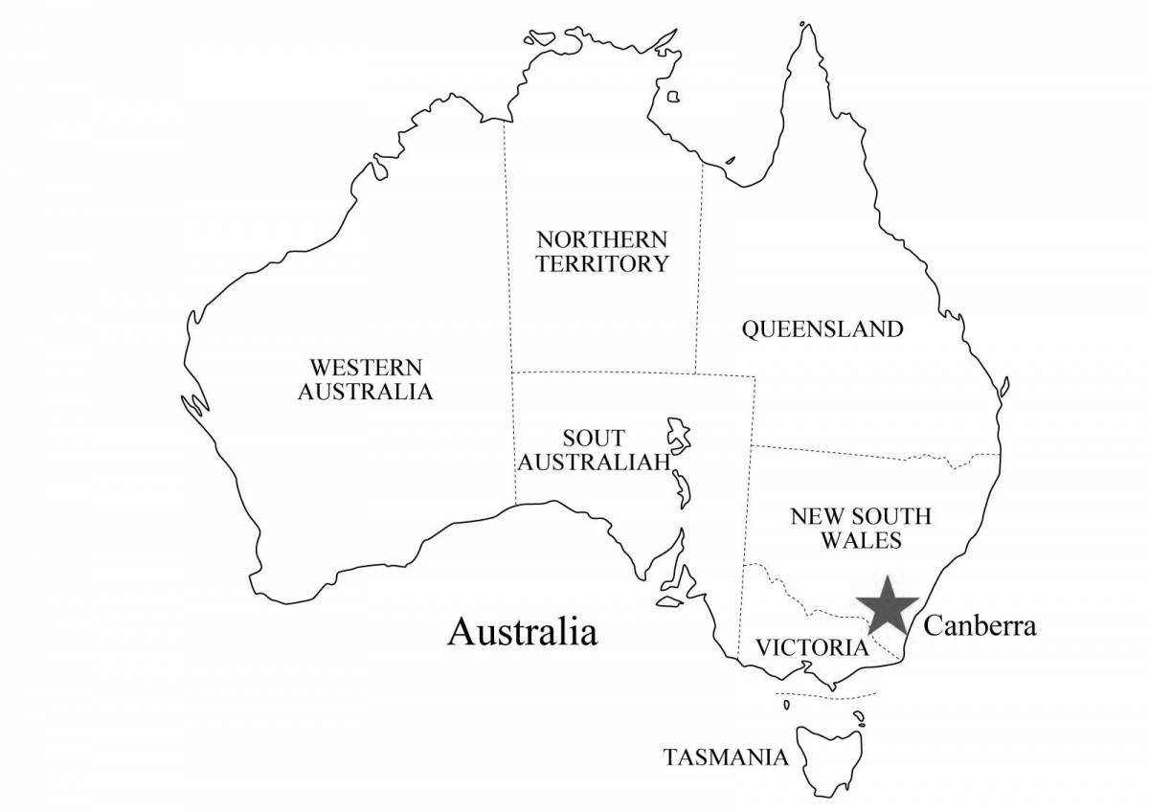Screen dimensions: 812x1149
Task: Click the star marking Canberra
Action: [x=887, y=606]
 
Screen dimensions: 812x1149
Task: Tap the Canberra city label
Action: [x=980, y=626]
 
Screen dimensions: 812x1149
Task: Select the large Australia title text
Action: [x=523, y=632]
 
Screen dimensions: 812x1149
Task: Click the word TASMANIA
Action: [x=727, y=757]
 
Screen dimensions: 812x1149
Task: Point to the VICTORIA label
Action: [x=812, y=647]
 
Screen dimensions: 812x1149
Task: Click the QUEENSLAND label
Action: [x=822, y=329]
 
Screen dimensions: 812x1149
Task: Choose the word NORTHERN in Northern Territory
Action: [x=601, y=238]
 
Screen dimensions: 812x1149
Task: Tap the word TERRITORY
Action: [x=601, y=263]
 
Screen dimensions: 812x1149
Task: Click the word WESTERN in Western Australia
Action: [x=365, y=367]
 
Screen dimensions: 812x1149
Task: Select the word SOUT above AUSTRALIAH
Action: [x=594, y=439]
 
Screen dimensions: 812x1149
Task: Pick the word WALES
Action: [x=860, y=541]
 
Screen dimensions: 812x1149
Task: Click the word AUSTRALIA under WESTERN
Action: [x=365, y=392]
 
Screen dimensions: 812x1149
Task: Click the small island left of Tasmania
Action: [x=786, y=705]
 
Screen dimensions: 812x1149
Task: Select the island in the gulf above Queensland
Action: [x=673, y=96]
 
